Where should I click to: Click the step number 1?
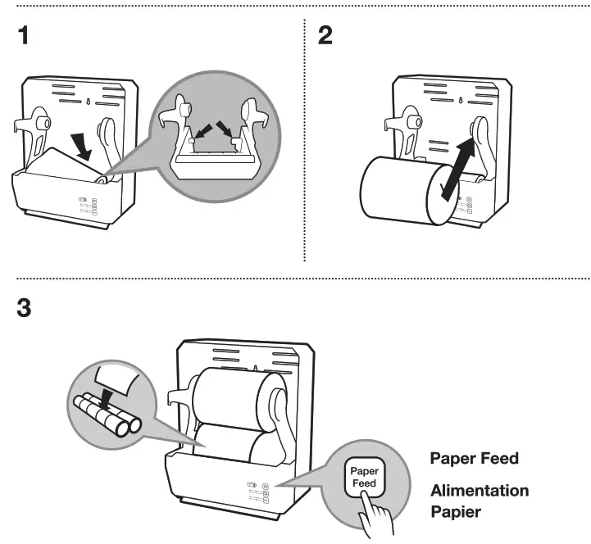[25, 37]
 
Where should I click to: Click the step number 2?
[325, 37]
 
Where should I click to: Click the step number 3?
[26, 310]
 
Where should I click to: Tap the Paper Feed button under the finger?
[364, 478]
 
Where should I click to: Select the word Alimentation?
[480, 491]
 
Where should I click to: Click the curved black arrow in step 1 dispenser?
[83, 145]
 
